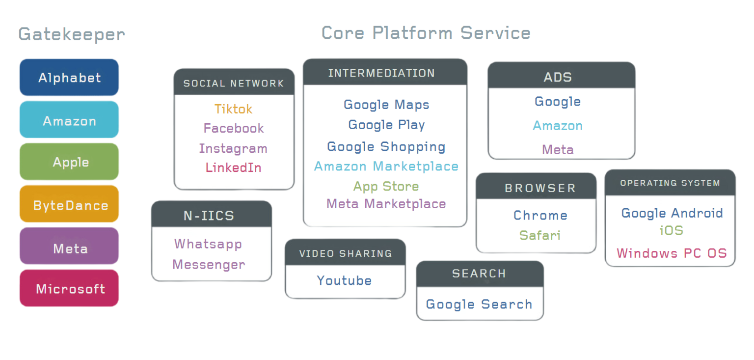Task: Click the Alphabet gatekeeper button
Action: click(69, 78)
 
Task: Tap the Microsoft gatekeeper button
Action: click(69, 288)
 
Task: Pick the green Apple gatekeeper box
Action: click(69, 162)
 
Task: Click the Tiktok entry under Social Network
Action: click(234, 109)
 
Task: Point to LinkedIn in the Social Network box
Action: click(234, 167)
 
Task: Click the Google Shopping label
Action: click(386, 146)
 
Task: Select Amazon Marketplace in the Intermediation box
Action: click(386, 166)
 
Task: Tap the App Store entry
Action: click(386, 187)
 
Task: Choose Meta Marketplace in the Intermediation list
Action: click(386, 204)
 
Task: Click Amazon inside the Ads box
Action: click(558, 126)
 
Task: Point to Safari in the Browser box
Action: click(540, 235)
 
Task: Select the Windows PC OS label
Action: click(672, 253)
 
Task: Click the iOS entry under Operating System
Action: click(672, 230)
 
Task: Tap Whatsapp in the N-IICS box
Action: click(208, 244)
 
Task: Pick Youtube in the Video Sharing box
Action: click(344, 280)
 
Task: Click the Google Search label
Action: click(479, 305)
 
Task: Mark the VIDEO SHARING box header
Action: click(345, 253)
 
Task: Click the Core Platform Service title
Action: click(426, 33)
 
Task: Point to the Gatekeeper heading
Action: click(72, 34)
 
